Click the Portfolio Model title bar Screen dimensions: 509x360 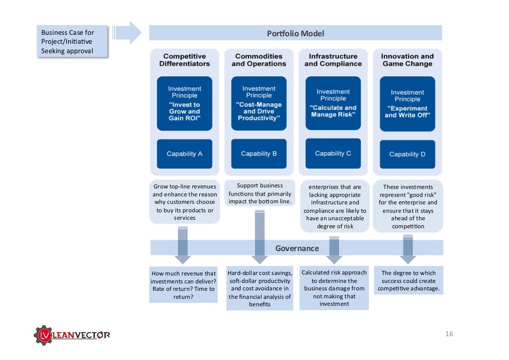point(295,33)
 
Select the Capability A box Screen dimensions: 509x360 point(184,154)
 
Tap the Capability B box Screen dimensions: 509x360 point(258,154)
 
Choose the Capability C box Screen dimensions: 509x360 point(333,153)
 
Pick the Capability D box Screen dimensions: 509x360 point(408,154)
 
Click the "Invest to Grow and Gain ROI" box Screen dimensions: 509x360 point(184,103)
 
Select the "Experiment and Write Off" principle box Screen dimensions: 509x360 point(408,104)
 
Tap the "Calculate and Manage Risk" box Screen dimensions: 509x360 point(333,103)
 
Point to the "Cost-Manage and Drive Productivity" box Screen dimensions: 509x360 point(258,103)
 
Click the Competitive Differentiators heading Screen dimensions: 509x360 point(184,60)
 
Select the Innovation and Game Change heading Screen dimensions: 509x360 point(408,60)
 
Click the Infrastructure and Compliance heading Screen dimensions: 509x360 point(333,60)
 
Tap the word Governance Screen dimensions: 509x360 point(297,248)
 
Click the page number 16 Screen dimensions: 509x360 point(449,334)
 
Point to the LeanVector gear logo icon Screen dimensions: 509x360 point(44,335)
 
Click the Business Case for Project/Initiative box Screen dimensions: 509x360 point(72,42)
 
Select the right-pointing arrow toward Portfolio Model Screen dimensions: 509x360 point(127,32)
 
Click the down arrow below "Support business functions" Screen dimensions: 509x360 point(259,237)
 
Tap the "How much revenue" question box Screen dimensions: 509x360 point(183,285)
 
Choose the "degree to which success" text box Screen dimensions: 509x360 point(409,280)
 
